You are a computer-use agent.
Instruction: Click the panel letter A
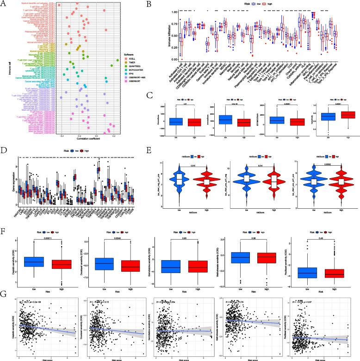(x=3, y=4)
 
